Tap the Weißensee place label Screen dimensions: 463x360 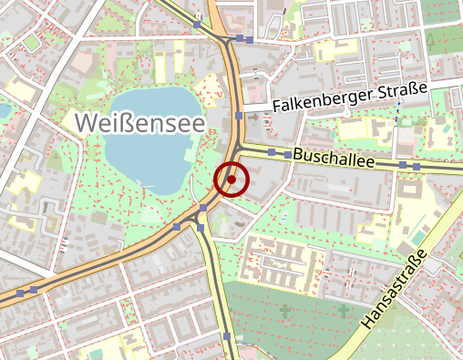(x=139, y=121)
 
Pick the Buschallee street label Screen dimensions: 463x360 (x=334, y=159)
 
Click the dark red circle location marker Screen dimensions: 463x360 (x=231, y=180)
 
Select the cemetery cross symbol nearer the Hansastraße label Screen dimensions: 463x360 (x=343, y=312)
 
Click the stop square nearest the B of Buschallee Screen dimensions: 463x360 (x=287, y=156)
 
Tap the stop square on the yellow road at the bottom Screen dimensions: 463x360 (x=227, y=337)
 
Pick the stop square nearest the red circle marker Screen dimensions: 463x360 (x=202, y=209)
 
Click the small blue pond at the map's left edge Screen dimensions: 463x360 (x=4, y=109)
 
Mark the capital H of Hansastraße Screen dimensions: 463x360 (x=369, y=321)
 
